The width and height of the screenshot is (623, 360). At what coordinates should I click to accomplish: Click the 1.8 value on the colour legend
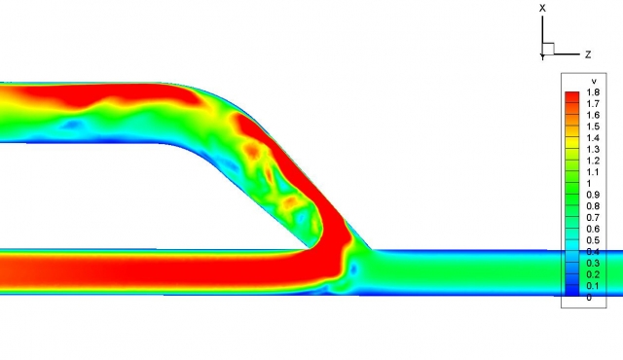(593, 92)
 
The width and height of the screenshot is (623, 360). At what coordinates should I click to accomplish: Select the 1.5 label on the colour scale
(593, 126)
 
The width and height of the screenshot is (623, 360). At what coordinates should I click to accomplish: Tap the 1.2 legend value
(593, 161)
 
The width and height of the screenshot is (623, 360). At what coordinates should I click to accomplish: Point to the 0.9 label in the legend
(593, 195)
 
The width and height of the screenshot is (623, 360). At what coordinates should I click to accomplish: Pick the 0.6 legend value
(593, 229)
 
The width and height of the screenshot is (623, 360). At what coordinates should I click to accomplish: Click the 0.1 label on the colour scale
(593, 286)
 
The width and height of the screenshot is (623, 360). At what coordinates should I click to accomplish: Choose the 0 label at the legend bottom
(589, 298)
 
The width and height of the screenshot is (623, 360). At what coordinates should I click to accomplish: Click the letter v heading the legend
(594, 82)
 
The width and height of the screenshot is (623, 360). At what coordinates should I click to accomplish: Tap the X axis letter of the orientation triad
(542, 8)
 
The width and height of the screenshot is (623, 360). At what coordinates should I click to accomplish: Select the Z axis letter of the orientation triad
(588, 54)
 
